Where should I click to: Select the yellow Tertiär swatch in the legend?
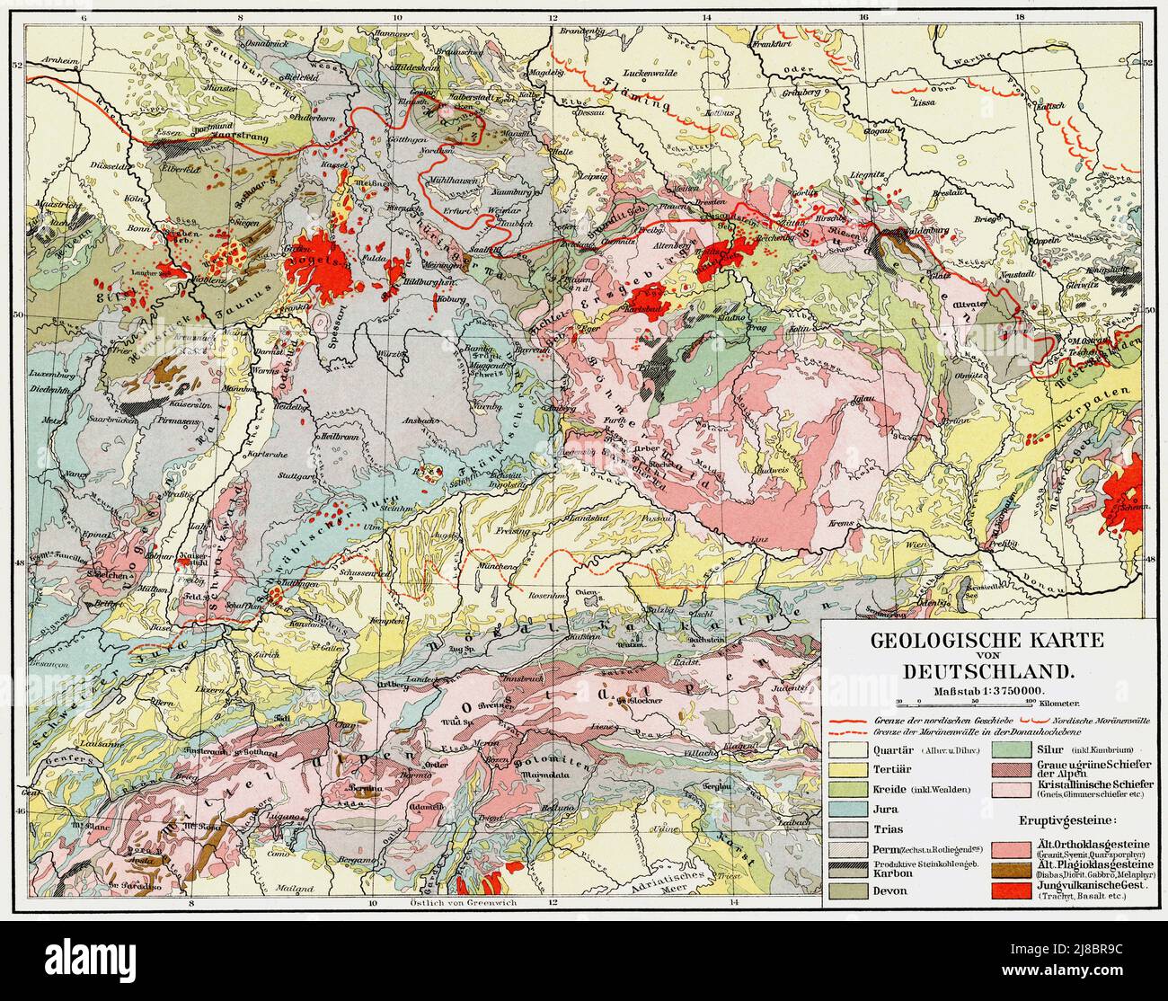849,770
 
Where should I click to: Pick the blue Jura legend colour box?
849,809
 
